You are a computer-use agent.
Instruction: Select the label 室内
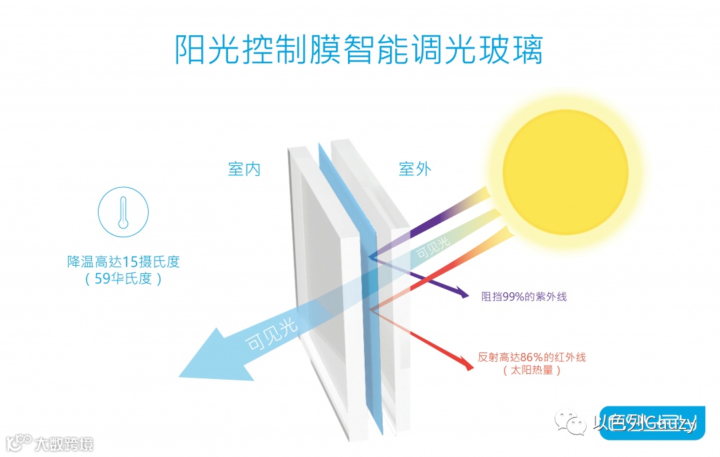point(244,169)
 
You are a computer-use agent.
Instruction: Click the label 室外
point(415,169)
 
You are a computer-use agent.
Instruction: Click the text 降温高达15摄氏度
point(123,262)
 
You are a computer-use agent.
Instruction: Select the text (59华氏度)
point(123,278)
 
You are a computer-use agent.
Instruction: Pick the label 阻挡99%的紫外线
point(523,297)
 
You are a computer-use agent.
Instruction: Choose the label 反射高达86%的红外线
point(531,357)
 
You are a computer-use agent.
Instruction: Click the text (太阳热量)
point(531,370)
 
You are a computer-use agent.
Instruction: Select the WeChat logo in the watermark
point(573,422)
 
